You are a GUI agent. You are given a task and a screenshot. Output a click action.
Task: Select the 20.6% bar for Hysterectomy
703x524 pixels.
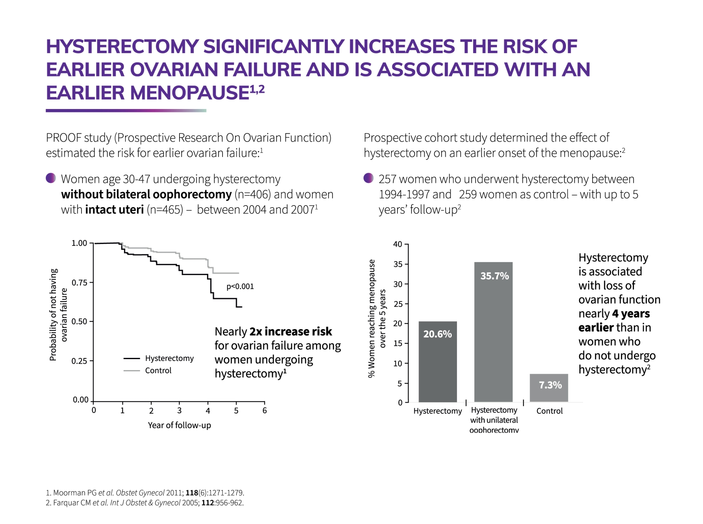click(437, 361)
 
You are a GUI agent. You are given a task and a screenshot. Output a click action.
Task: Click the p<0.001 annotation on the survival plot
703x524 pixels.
click(240, 286)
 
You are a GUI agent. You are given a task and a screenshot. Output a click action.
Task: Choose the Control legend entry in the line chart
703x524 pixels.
click(158, 370)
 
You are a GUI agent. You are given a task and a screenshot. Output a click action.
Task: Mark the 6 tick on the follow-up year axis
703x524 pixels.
click(265, 410)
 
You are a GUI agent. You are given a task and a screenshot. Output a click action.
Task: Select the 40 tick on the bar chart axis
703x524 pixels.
click(397, 244)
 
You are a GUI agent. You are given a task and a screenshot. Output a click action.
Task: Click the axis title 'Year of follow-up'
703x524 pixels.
click(179, 425)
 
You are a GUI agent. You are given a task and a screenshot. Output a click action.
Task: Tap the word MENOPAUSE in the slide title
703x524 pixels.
click(189, 93)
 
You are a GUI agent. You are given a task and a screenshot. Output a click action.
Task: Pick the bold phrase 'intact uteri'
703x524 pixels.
click(114, 210)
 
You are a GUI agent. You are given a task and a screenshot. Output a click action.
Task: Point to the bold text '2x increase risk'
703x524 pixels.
click(291, 332)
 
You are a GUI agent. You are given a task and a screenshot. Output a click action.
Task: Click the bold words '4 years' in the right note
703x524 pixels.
click(630, 313)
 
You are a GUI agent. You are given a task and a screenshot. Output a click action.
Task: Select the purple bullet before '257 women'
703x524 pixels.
click(368, 178)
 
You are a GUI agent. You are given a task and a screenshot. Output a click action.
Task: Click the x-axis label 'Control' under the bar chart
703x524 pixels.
click(549, 411)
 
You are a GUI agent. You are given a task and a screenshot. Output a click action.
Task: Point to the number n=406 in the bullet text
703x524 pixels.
click(253, 194)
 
